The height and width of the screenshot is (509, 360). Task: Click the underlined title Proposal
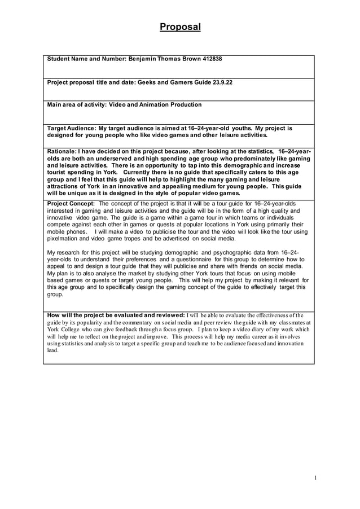coord(180,27)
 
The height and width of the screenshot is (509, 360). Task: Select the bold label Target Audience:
coord(71,128)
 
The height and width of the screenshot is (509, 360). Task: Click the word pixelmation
coord(63,239)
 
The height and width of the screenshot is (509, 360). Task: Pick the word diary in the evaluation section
coord(249,329)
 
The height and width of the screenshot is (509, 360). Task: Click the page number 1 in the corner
coord(315,477)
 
